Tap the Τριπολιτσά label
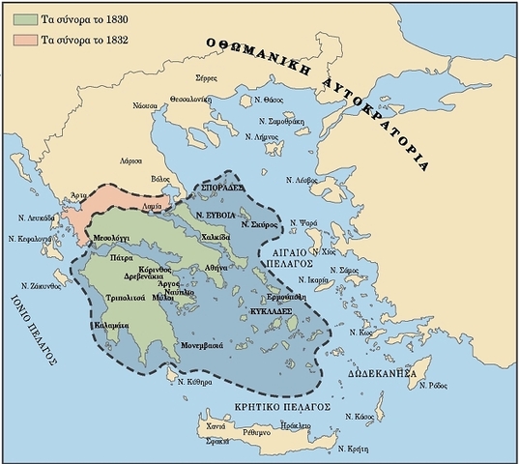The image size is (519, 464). coord(127,298)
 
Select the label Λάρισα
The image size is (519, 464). coord(130,160)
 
